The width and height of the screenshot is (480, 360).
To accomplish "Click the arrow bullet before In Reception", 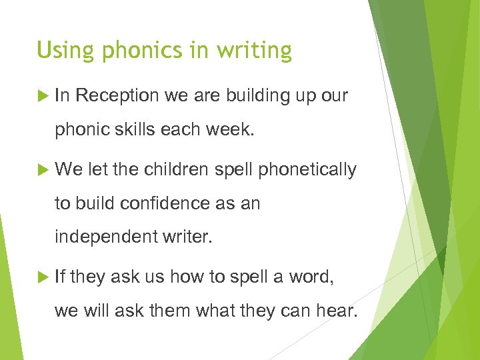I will coord(44,96).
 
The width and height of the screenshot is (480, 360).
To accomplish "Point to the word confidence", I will coord(163,203).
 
